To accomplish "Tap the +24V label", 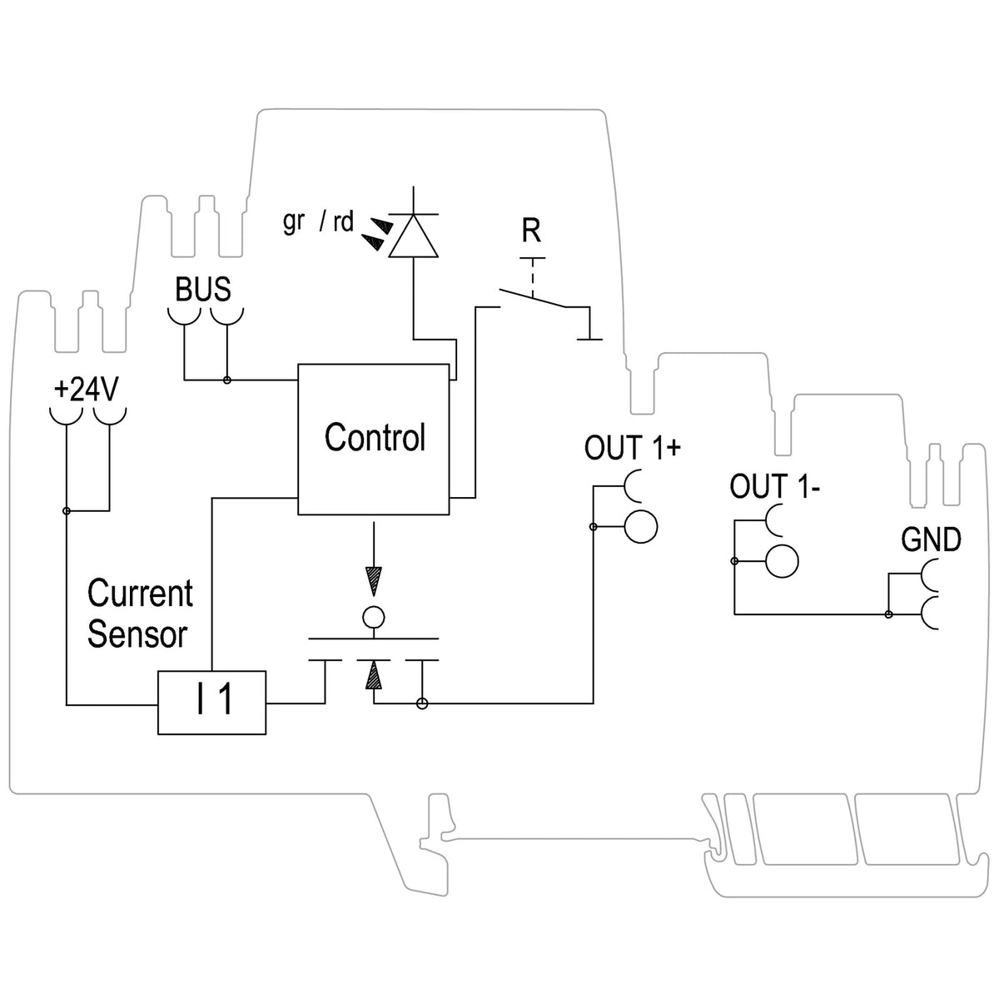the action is point(87,390).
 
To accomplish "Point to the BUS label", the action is point(202,289).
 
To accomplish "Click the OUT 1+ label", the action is point(632,447).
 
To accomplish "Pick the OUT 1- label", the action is point(774,485).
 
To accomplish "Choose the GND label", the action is point(931,539).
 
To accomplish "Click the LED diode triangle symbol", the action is point(413,236).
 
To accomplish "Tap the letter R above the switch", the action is point(531,231).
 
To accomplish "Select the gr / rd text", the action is point(318,221).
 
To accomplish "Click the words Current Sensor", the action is point(140,614).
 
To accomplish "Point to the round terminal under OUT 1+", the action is point(641,527).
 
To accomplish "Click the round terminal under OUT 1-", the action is point(782,561).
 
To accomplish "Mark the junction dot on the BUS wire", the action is point(226,380).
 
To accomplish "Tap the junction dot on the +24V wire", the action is point(67,511).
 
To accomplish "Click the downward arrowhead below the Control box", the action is point(373,581).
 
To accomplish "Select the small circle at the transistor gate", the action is point(373,618).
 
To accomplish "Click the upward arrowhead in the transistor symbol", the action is point(373,676).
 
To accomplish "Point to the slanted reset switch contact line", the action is point(533,298).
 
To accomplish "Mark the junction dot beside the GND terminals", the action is point(888,615).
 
